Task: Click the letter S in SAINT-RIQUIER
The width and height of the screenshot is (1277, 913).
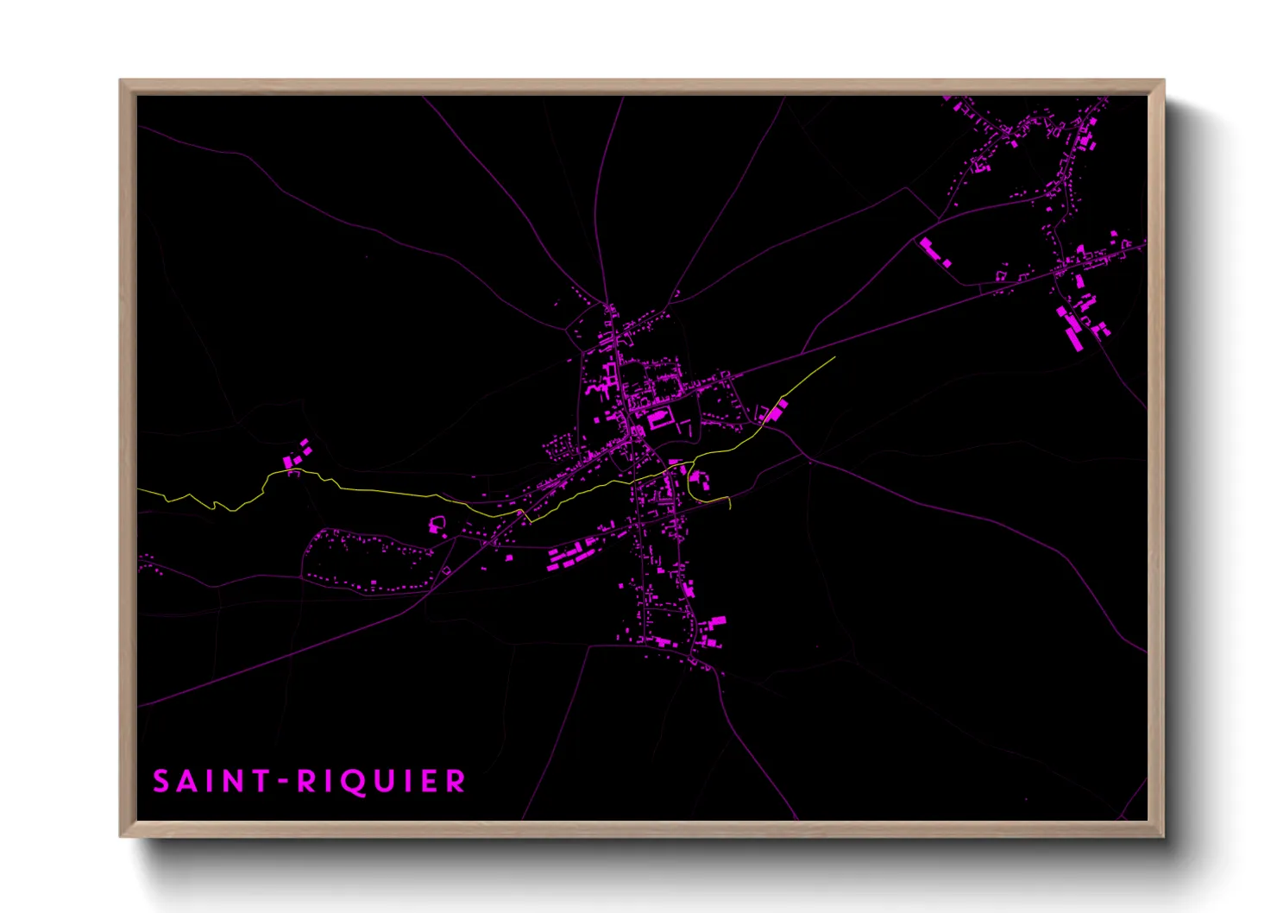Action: [x=161, y=781]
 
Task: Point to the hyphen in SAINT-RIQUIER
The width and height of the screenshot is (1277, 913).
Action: [x=281, y=782]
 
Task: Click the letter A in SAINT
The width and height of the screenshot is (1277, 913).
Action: [x=187, y=781]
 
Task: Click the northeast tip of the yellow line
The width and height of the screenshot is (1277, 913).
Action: [x=834, y=357]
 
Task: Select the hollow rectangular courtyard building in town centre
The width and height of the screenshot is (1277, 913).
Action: [x=660, y=419]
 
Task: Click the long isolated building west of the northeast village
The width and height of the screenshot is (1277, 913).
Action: [x=934, y=253]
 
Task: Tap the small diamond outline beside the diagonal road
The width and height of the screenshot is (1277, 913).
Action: [x=447, y=570]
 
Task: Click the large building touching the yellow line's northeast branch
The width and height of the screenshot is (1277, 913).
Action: [x=774, y=412]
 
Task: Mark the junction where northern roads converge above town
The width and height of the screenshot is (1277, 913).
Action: [x=608, y=305]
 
